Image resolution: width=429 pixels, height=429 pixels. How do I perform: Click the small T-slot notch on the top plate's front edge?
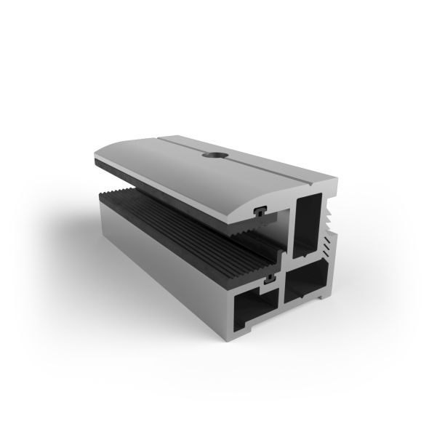click(x=260, y=212)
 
